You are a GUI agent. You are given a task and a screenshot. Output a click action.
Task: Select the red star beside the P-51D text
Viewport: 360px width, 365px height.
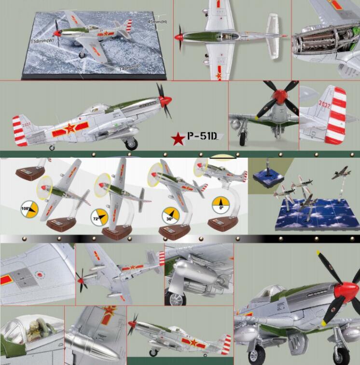point(178,139)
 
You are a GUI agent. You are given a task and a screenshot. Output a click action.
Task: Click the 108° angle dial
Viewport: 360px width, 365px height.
point(30,210)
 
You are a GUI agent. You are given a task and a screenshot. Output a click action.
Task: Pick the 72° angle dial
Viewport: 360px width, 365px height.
point(99,217)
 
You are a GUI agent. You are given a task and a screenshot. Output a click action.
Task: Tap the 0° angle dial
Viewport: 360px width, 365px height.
point(220,205)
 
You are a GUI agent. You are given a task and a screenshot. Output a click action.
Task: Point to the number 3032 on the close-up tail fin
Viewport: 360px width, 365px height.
point(324,104)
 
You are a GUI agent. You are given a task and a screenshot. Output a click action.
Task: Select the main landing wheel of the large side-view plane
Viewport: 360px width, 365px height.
point(131,143)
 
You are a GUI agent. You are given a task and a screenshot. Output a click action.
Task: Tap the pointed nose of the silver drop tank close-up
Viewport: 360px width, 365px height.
point(107,345)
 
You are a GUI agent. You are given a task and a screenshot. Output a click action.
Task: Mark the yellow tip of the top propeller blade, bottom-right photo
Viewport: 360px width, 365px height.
point(319,253)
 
